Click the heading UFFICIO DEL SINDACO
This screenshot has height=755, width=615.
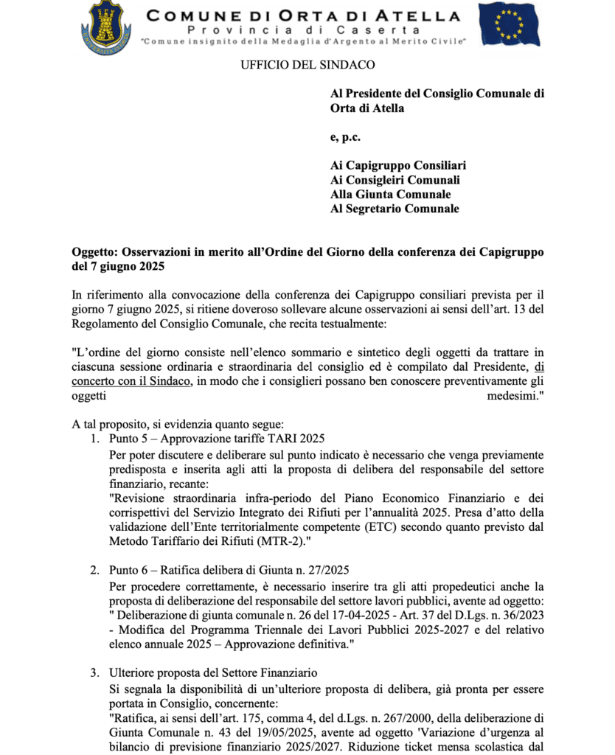point(307,65)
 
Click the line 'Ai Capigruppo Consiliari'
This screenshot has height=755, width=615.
point(398,166)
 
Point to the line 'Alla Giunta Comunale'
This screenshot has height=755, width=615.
point(390,195)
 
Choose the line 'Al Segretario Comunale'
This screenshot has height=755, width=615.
point(395,209)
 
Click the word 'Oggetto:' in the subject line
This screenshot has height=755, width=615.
point(96,252)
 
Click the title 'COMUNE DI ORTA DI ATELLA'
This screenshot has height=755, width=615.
point(302,15)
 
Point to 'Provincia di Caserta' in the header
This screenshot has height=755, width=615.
point(303,29)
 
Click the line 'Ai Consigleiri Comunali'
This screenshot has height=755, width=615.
point(395,181)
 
